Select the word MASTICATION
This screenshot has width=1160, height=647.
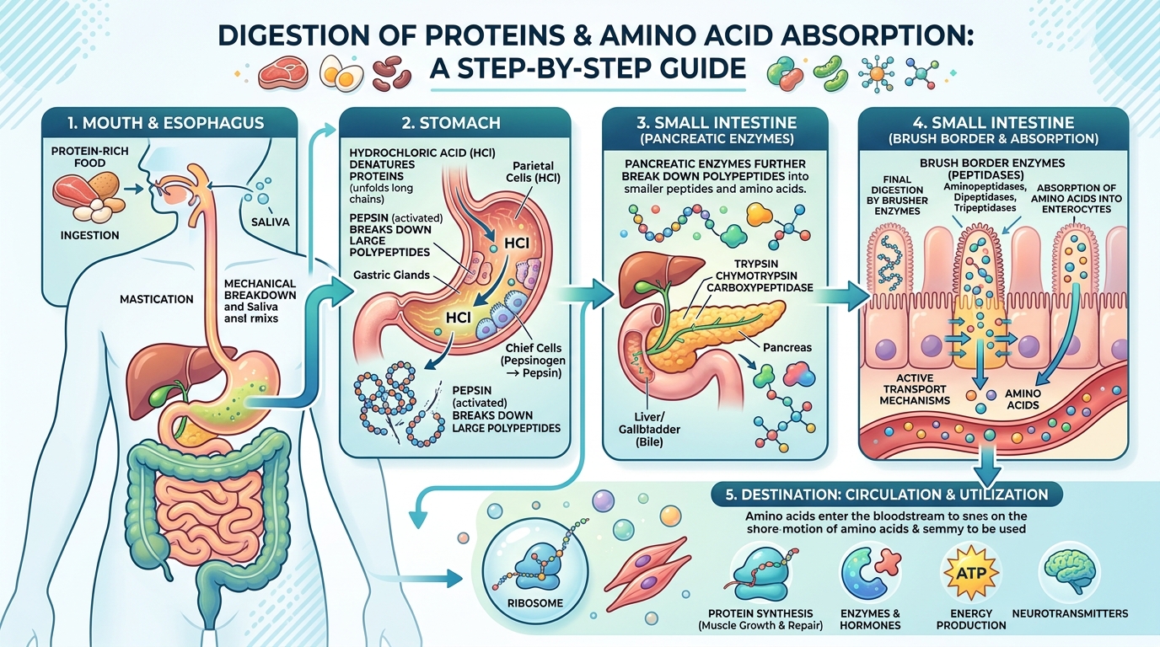point(156,298)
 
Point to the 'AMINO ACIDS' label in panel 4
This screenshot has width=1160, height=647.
point(1023,399)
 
